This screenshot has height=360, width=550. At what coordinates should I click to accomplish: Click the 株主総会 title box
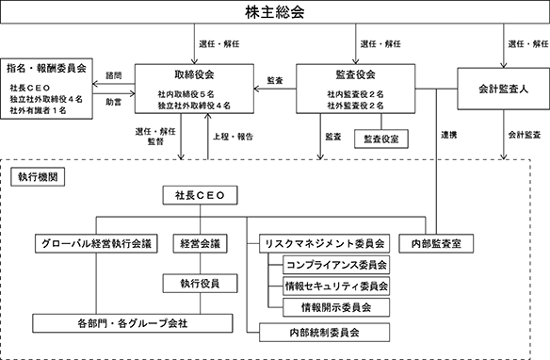tap(275, 12)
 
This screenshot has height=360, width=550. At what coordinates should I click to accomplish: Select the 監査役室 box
tap(381, 139)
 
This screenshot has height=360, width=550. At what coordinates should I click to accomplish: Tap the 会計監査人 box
tap(503, 89)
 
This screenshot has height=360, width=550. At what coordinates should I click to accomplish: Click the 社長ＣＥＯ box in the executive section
tap(200, 195)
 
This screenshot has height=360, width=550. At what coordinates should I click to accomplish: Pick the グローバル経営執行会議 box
tap(96, 243)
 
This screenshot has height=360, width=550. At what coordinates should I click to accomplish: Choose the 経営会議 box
tap(200, 243)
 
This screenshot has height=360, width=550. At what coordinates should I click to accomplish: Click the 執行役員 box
tap(200, 283)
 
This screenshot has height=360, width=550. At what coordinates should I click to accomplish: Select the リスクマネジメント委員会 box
tap(325, 243)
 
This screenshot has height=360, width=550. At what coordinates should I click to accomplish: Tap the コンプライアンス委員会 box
tap(336, 265)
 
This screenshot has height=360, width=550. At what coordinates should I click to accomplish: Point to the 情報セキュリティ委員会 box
tap(336, 286)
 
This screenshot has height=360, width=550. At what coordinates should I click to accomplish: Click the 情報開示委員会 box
tap(336, 307)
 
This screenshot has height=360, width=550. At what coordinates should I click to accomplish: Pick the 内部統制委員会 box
tap(325, 333)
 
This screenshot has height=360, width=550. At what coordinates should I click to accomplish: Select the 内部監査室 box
tap(436, 243)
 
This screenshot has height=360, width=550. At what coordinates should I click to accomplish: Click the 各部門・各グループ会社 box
tap(133, 323)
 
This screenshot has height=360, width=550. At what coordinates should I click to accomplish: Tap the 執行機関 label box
tap(38, 177)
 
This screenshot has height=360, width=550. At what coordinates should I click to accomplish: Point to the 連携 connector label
tap(449, 135)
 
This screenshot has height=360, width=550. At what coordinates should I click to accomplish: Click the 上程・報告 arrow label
tap(233, 137)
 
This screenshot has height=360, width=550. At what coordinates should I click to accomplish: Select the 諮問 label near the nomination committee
tap(114, 75)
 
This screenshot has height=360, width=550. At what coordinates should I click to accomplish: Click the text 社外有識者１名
tap(38, 110)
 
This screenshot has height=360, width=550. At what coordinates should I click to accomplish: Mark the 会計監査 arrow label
tap(525, 135)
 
